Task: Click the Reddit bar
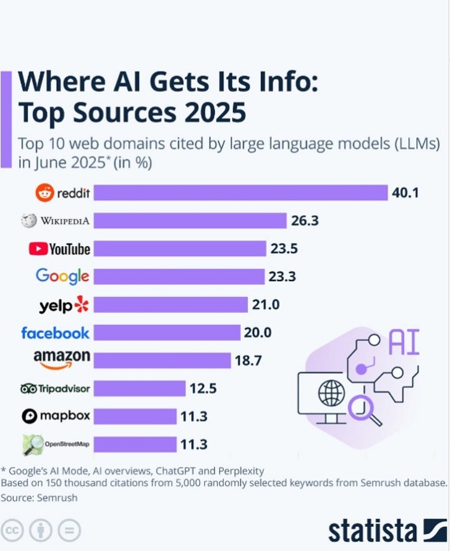coord(241,193)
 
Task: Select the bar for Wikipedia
coord(190,220)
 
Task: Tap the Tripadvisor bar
coord(139,388)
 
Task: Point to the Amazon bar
coord(161,360)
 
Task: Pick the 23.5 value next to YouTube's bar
coord(283,249)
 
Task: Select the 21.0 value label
coord(265,305)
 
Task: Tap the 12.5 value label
coord(204,389)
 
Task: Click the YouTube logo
coord(59,249)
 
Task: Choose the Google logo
coord(62,276)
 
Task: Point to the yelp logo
coord(64,305)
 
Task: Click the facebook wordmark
coord(55,333)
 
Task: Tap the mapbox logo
coord(56,417)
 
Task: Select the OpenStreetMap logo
coord(56,445)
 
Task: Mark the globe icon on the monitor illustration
coord(330,393)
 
